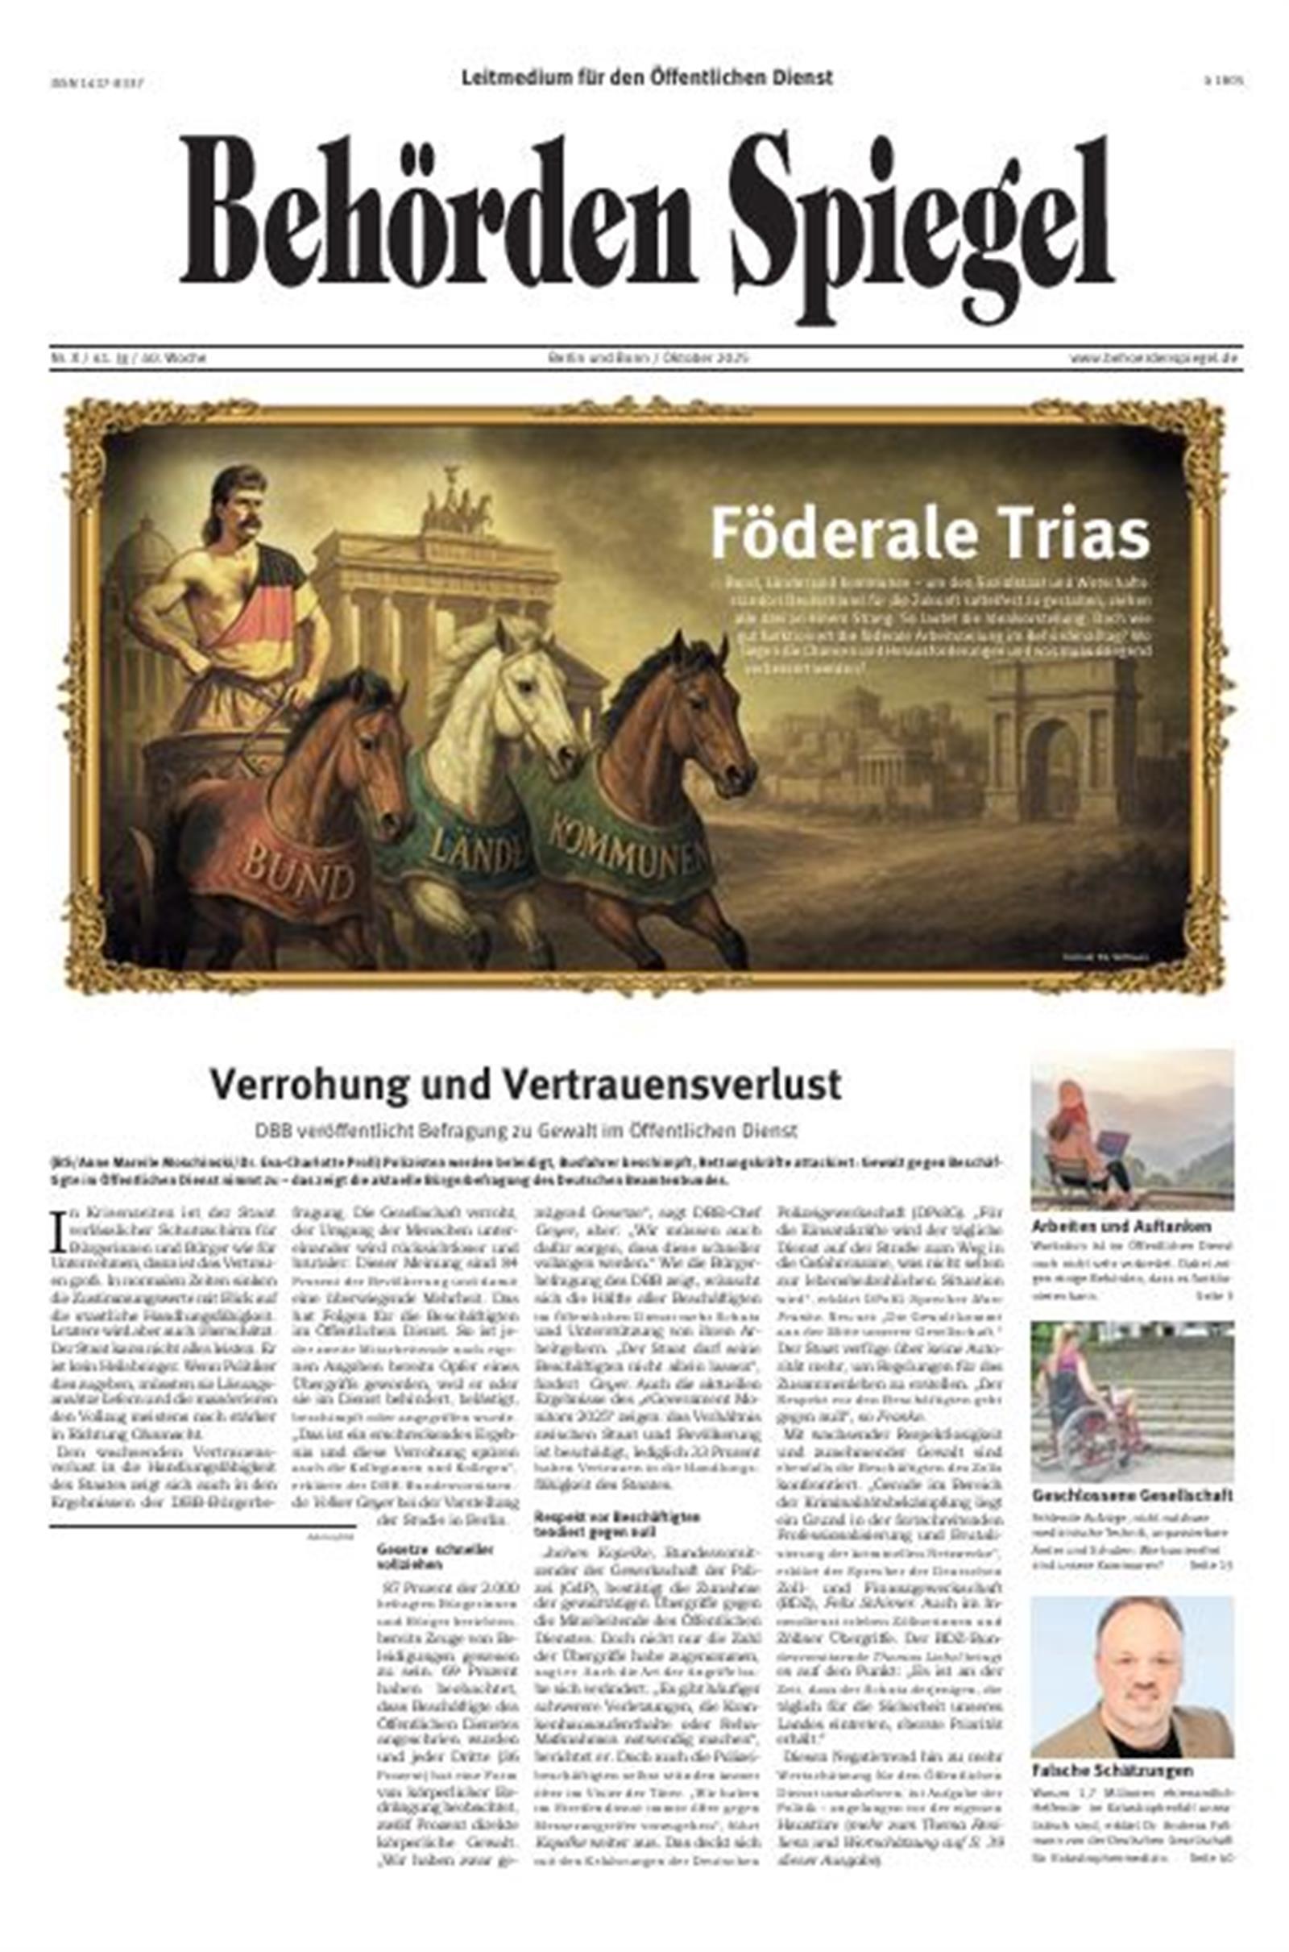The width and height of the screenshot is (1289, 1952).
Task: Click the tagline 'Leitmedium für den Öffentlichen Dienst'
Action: click(647, 78)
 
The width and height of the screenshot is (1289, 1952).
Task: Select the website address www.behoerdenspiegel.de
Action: click(1154, 359)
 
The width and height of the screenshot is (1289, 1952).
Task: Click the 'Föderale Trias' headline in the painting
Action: click(929, 534)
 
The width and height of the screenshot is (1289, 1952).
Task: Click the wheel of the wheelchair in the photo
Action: click(1093, 1443)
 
